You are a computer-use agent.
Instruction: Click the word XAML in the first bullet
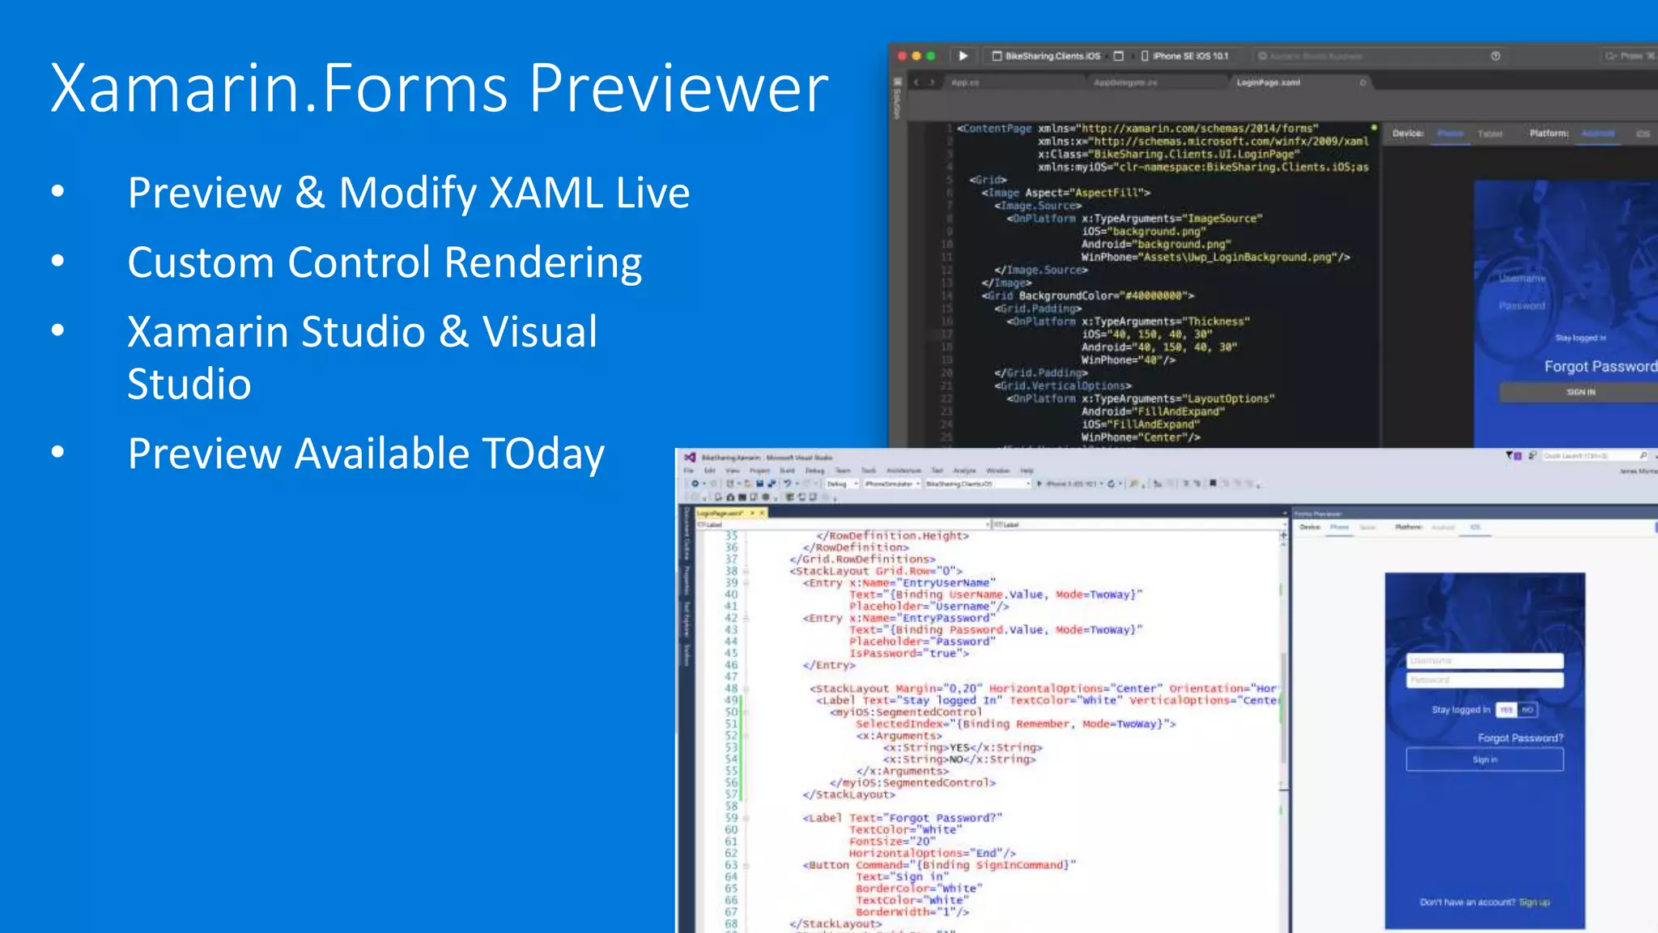coord(546,193)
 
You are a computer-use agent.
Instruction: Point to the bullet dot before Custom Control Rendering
coord(57,261)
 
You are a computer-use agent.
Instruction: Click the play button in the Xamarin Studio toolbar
coord(963,56)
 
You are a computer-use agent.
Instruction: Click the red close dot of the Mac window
coord(902,56)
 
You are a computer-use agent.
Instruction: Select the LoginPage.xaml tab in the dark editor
coord(1268,83)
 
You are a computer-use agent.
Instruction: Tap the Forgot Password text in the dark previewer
coord(1599,367)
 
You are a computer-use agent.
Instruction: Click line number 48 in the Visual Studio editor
coord(731,688)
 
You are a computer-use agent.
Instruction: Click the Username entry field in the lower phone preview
coord(1484,661)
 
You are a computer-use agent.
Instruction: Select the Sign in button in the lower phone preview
coord(1484,760)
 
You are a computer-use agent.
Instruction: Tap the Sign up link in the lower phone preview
coord(1534,902)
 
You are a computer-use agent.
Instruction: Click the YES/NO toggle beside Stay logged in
coord(1516,710)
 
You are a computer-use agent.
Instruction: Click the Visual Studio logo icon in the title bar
coord(690,458)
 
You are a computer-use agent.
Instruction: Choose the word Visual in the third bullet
coord(540,332)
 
